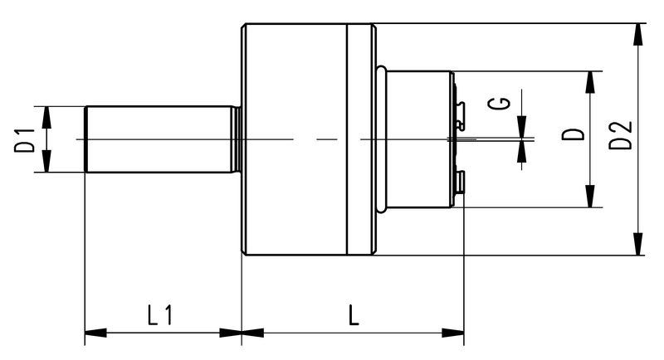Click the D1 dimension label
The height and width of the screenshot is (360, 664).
[x=26, y=139]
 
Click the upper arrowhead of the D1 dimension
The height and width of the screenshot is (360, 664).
[x=45, y=114]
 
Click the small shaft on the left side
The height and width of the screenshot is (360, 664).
[x=158, y=139]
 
